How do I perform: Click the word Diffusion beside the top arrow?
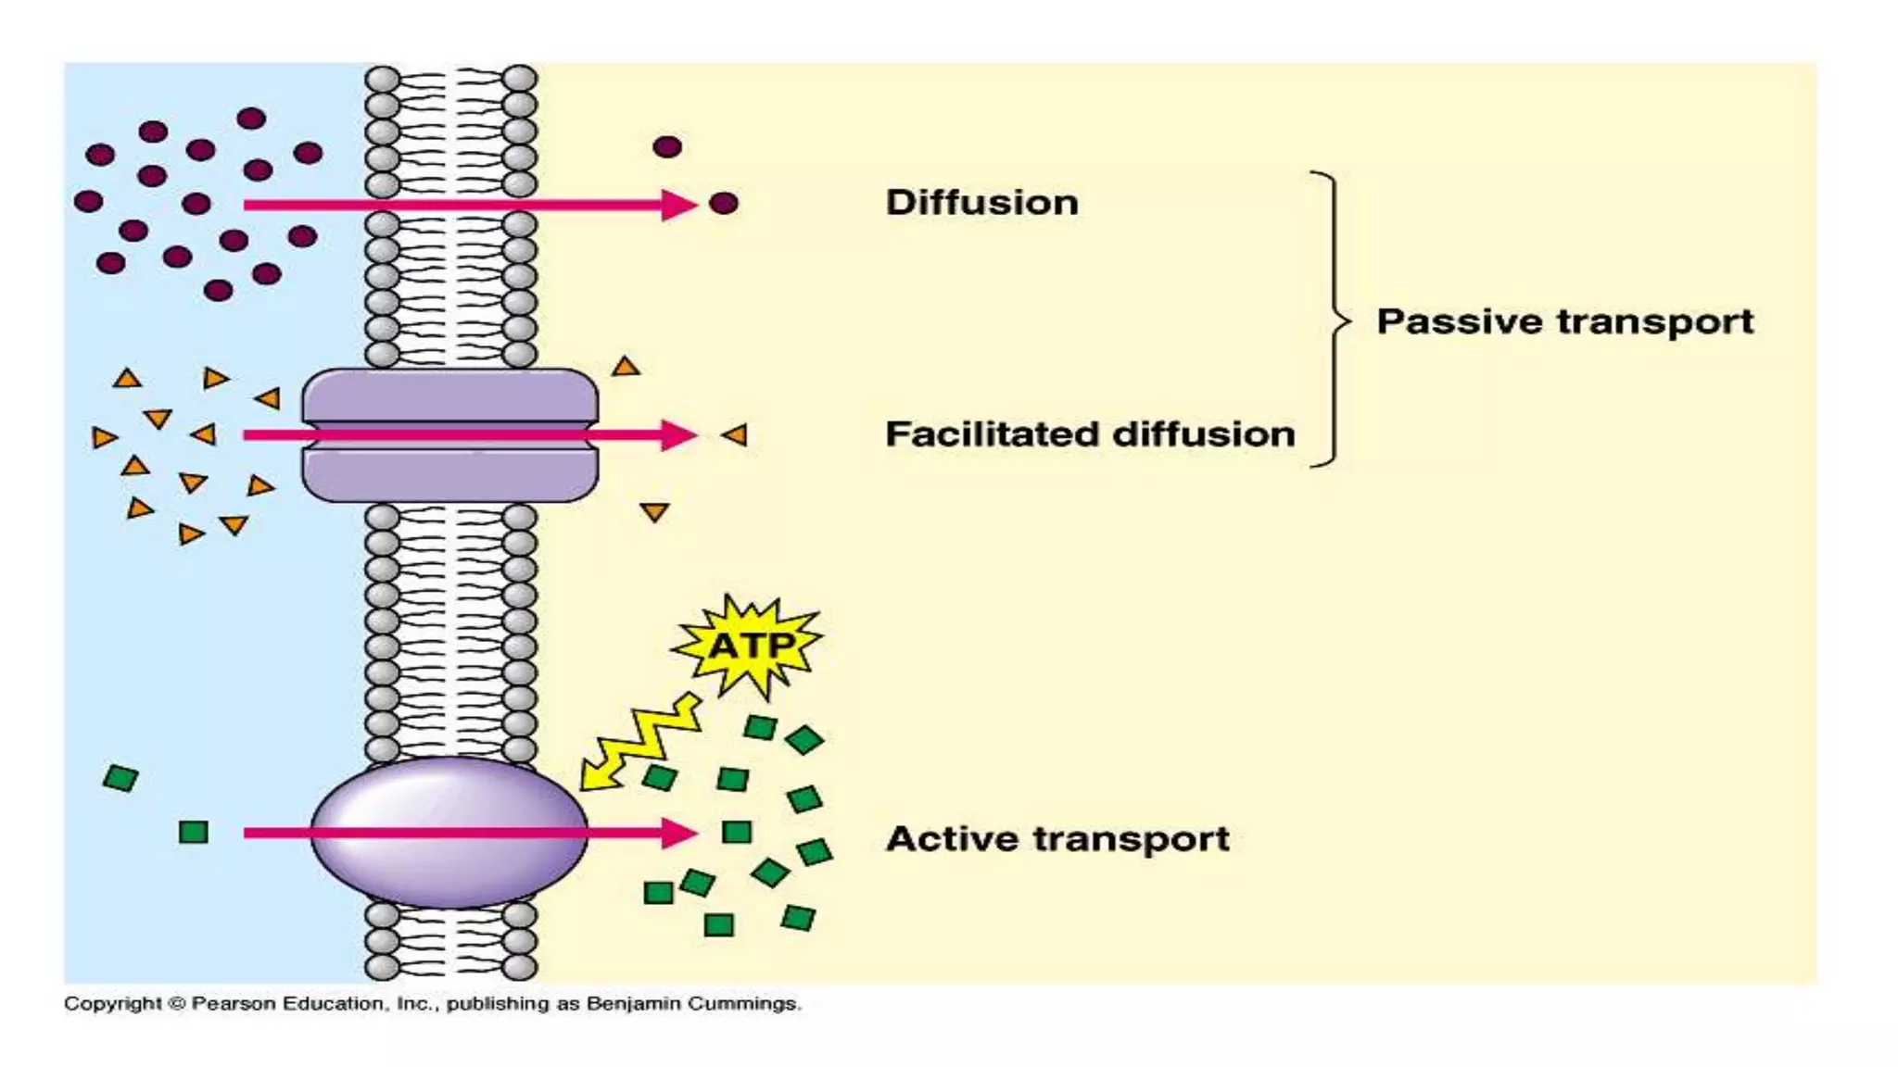pos(981,203)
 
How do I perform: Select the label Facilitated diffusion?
pos(1090,433)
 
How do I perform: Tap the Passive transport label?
pos(1564,321)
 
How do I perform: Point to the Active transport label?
pos(1057,838)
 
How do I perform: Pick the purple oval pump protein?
pos(449,832)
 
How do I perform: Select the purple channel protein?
pos(449,435)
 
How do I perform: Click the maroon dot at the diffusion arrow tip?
pos(723,204)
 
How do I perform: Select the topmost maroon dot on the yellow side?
pos(667,146)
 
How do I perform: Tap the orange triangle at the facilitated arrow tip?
pos(736,434)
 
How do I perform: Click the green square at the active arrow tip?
pos(737,832)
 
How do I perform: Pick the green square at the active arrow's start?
pos(193,832)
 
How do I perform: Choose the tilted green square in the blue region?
pos(120,778)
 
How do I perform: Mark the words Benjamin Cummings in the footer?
pos(691,1003)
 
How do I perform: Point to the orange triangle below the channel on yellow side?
pos(654,512)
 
